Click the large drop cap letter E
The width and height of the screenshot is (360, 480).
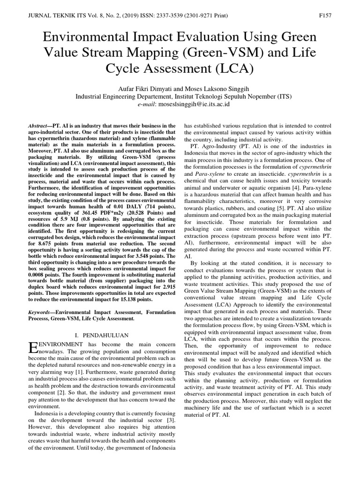point(32,347)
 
